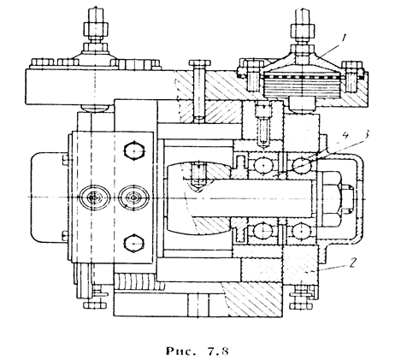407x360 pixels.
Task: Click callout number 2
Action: tap(352, 263)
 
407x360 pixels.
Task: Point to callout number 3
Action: tap(367, 134)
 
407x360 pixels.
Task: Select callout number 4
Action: tap(345, 136)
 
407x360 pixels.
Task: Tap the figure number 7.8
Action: tap(217, 351)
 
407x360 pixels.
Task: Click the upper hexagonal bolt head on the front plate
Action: tap(134, 150)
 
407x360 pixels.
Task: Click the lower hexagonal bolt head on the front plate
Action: tap(134, 243)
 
